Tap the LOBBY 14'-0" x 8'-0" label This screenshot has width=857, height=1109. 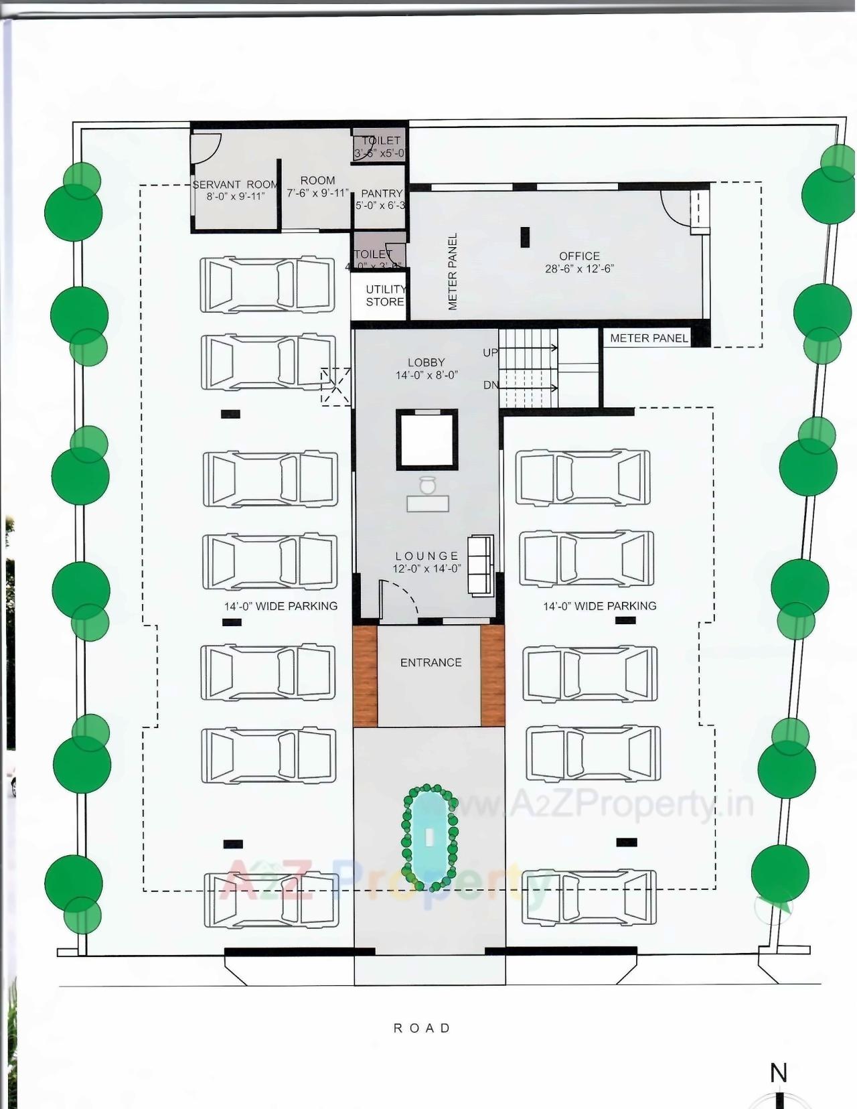coord(426,368)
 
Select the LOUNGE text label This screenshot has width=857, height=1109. coord(426,556)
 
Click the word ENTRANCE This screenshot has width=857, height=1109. coord(431,662)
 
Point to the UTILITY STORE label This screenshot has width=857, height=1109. coord(385,295)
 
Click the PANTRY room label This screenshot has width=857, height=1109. coord(382,194)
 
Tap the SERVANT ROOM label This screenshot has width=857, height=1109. coord(235,185)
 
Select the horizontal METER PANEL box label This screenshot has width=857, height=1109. coord(648,338)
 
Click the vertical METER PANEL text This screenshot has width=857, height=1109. coord(453,271)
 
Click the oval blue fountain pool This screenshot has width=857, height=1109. coord(428,836)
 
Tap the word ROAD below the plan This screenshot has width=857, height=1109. coord(422,1027)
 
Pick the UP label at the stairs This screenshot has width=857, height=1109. coord(490,353)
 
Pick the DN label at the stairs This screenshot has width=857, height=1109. coord(490,385)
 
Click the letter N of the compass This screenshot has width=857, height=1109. coord(778,1074)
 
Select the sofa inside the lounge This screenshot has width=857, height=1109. coord(479,565)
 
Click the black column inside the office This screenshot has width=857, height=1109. coord(525,237)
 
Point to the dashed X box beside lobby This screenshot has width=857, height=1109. coord(335,386)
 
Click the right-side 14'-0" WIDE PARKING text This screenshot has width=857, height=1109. coord(599,606)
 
